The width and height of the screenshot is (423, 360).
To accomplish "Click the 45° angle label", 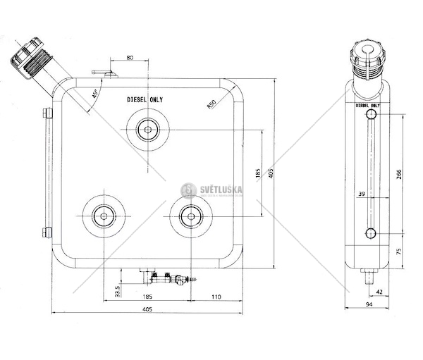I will [x=94, y=92].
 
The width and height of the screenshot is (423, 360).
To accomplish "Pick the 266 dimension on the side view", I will [x=399, y=175].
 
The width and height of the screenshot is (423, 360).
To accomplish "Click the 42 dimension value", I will [x=379, y=290].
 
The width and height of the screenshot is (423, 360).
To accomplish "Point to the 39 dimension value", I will [x=361, y=194].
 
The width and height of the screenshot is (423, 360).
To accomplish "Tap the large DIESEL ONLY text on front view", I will [x=145, y=100].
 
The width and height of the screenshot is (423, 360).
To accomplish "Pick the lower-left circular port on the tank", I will [x=104, y=216].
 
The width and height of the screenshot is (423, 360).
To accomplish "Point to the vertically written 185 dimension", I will [x=257, y=172].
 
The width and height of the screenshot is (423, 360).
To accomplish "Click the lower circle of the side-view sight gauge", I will [x=369, y=234].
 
